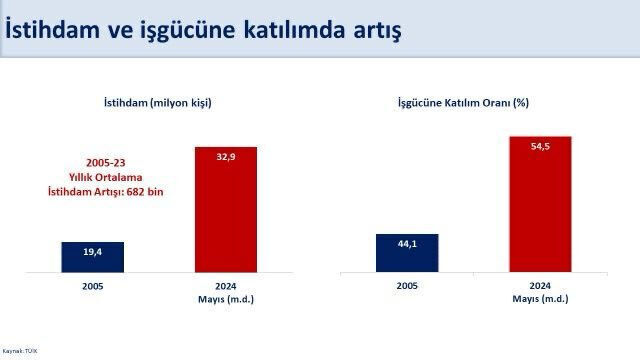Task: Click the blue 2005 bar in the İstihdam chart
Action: click(x=92, y=256)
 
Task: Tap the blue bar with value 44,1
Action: click(x=406, y=252)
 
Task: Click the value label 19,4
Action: click(x=92, y=253)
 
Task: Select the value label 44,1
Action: click(x=406, y=244)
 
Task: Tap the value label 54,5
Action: click(x=539, y=146)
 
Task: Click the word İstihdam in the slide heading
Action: click(x=53, y=30)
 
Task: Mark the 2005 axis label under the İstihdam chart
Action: click(x=92, y=286)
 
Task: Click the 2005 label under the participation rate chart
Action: click(x=406, y=286)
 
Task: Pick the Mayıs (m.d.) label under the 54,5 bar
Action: click(x=539, y=298)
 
